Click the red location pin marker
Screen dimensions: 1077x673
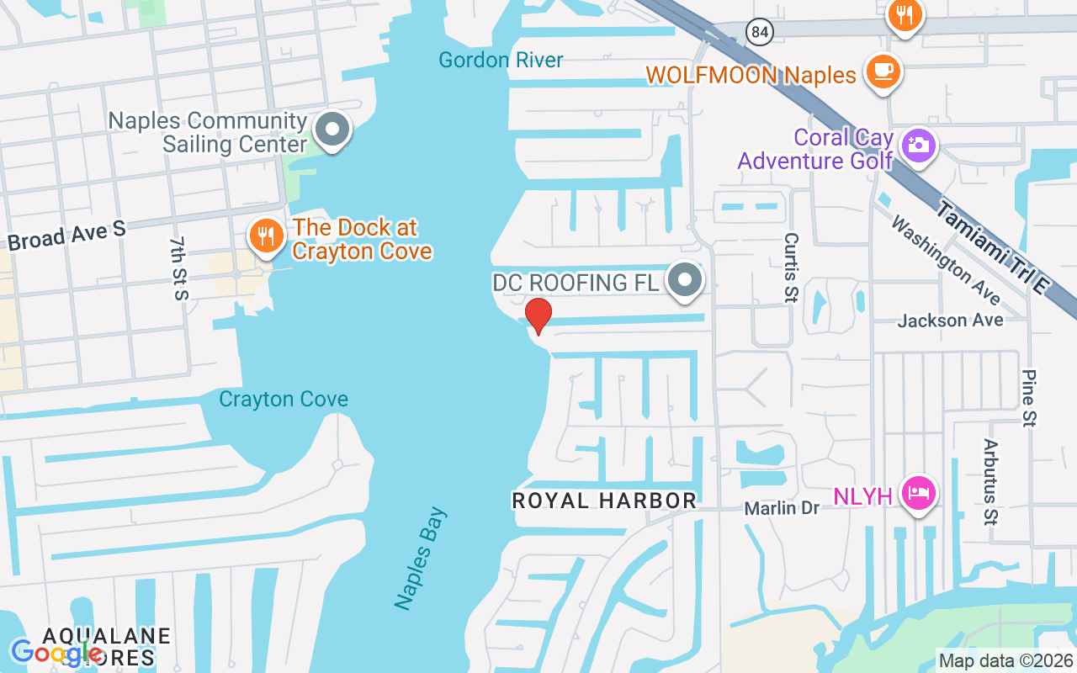pyautogui.click(x=538, y=316)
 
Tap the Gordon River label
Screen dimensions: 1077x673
pyautogui.click(x=501, y=60)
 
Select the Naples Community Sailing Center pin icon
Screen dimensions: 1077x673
pyautogui.click(x=332, y=131)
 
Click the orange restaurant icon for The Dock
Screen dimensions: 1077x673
pyautogui.click(x=266, y=236)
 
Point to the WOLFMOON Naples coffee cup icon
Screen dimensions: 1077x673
pyautogui.click(x=883, y=72)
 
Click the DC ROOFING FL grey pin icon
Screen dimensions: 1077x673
pyautogui.click(x=685, y=281)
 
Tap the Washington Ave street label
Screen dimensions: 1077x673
pyautogui.click(x=946, y=261)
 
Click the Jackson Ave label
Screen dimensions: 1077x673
pyautogui.click(x=950, y=321)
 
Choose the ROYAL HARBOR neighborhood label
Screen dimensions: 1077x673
pyautogui.click(x=604, y=501)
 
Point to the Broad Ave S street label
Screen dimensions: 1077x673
pyautogui.click(x=66, y=236)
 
